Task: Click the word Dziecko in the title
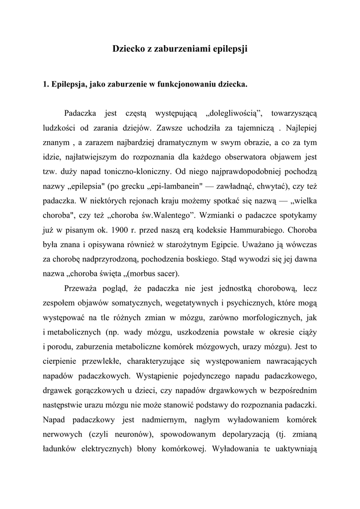[x=127, y=49]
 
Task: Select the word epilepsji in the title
[x=230, y=49]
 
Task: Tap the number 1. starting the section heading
[x=46, y=85]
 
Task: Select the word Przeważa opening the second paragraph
[x=83, y=288]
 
